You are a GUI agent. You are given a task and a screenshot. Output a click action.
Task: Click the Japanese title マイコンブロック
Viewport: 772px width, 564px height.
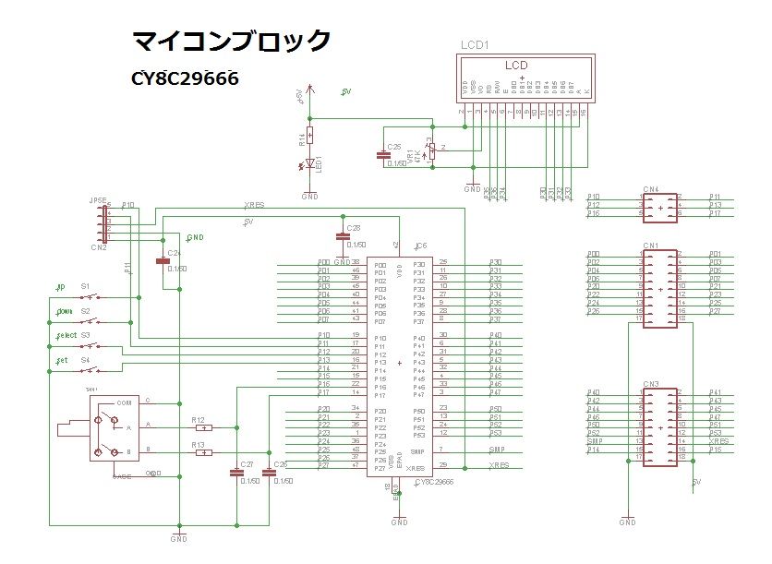click(x=231, y=42)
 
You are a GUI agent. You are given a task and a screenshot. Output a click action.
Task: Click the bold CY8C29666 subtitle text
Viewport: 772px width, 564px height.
click(x=186, y=79)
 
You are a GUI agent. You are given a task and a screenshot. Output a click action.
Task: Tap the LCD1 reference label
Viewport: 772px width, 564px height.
click(x=475, y=45)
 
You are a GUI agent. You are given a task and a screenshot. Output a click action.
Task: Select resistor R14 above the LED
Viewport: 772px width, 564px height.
click(x=309, y=137)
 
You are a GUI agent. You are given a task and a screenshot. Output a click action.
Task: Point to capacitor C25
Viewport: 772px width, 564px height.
click(x=384, y=155)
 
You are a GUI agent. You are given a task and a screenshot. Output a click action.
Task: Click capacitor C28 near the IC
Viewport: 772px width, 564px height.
click(x=344, y=236)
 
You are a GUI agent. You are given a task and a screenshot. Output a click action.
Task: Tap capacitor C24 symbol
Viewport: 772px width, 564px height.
click(x=163, y=260)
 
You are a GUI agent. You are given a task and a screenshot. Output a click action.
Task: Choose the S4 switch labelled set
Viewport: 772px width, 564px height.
click(x=90, y=370)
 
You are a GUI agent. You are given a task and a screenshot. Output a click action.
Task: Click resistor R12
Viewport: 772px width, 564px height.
click(x=203, y=427)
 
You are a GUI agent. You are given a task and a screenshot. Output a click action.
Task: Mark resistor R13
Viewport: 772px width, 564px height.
click(x=203, y=452)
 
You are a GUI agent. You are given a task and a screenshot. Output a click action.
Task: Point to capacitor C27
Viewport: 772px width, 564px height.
click(x=236, y=473)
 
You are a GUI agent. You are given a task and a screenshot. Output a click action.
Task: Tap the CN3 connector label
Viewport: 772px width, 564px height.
click(x=651, y=383)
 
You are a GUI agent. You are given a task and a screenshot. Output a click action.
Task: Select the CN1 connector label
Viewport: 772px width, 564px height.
click(x=651, y=246)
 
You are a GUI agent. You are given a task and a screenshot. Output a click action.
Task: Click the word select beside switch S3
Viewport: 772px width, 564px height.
click(x=66, y=335)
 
